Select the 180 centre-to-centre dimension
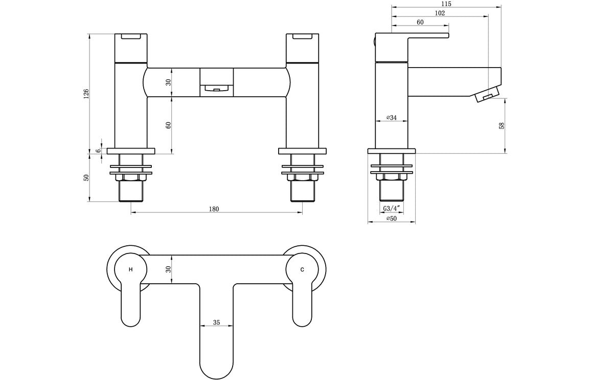(x=214, y=208)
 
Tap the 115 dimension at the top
(x=446, y=4)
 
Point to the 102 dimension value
(x=439, y=13)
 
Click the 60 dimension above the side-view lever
(x=420, y=22)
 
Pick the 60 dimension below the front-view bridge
(x=168, y=125)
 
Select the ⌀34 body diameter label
(x=391, y=118)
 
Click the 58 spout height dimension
(x=502, y=125)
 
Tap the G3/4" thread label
(x=392, y=208)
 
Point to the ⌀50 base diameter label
(x=391, y=219)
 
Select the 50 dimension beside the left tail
(x=86, y=177)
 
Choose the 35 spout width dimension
(x=216, y=323)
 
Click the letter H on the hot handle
(x=131, y=269)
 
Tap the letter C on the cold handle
(x=302, y=269)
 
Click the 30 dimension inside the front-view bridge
(x=168, y=82)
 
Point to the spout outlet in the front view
(x=216, y=89)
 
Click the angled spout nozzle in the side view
(x=487, y=95)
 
